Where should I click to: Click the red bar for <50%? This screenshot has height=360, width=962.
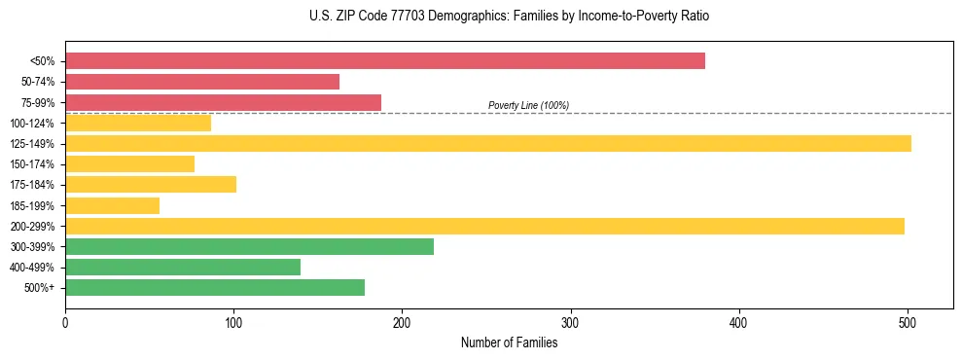coord(384,61)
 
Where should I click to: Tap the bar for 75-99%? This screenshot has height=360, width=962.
coord(223,102)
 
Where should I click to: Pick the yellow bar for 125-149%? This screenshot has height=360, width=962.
coord(487,144)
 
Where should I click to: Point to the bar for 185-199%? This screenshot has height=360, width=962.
coord(112,205)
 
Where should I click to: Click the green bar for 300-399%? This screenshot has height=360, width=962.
coord(249,247)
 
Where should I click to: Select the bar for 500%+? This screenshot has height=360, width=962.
coord(215,287)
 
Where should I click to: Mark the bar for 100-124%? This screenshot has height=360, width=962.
coord(138,124)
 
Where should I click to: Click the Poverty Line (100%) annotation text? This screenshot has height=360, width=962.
coord(528,106)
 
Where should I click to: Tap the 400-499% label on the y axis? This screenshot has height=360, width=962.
coord(32,268)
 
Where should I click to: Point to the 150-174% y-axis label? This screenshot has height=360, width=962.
coord(32,164)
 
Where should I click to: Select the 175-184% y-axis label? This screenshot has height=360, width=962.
coord(32,185)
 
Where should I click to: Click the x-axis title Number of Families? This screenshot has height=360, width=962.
coord(509,342)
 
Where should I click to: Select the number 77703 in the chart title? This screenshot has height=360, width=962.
coord(390,17)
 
